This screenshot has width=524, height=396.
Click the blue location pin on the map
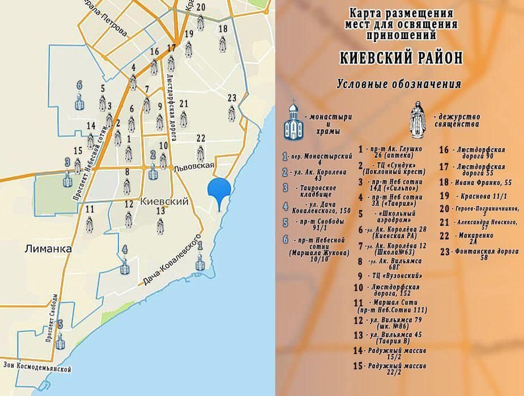click(219, 192)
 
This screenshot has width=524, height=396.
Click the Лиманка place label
click(48, 248)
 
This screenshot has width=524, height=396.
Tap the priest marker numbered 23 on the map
click(231, 113)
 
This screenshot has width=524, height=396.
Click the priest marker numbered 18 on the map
click(223, 44)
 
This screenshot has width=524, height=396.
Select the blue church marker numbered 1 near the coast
click(199, 262)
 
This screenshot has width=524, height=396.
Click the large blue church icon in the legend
click(293, 121)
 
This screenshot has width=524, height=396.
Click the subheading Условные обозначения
click(398, 85)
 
